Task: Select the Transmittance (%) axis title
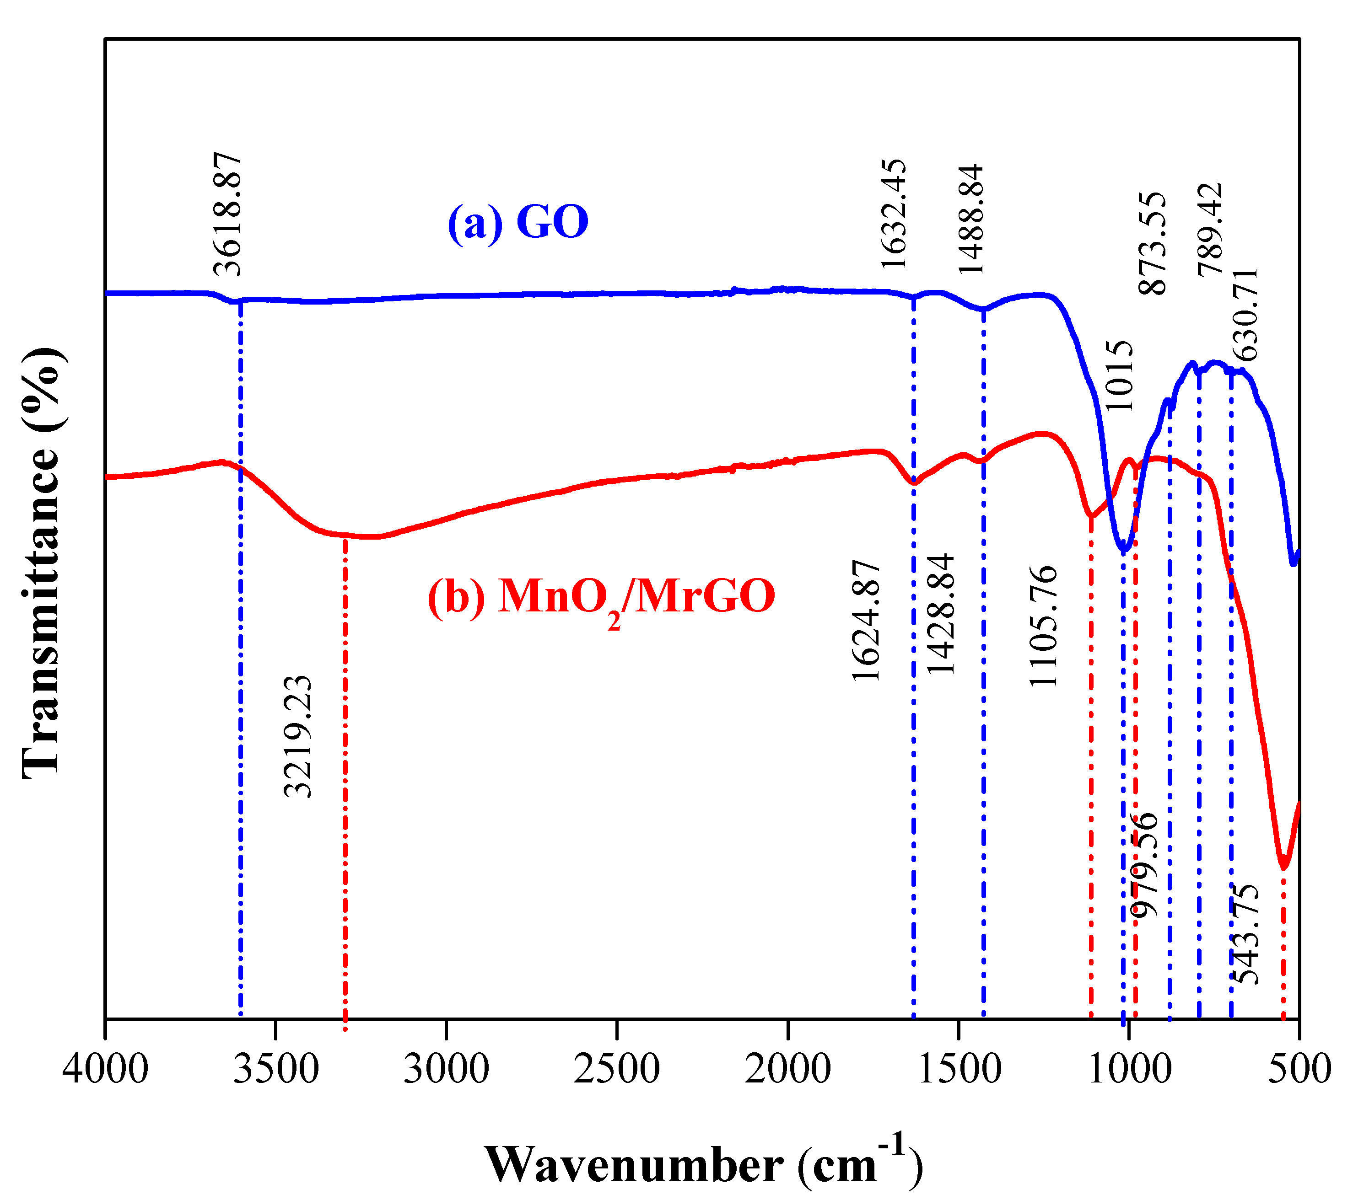tap(41, 562)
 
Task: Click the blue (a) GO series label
tap(517, 222)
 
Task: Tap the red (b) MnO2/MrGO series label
tap(601, 597)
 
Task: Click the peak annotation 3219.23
tap(297, 736)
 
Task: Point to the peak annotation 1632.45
tap(894, 214)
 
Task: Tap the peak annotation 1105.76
tap(1044, 627)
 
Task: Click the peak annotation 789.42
tap(1211, 229)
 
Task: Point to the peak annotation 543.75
tap(1245, 934)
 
